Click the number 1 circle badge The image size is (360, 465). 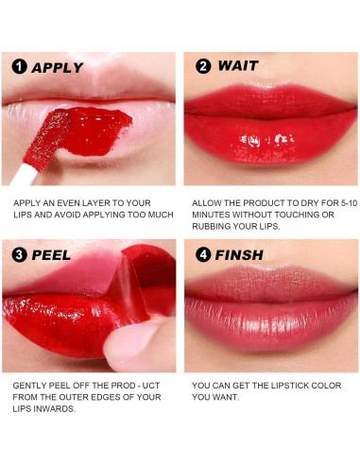pos(19,67)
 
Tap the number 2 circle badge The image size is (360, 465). pos(202,67)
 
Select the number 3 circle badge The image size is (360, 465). pos(19,255)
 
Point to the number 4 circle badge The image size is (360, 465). pos(202,255)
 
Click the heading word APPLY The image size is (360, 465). pos(58,67)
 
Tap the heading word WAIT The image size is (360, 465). pos(238,67)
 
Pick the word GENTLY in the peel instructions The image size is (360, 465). pos(32,387)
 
